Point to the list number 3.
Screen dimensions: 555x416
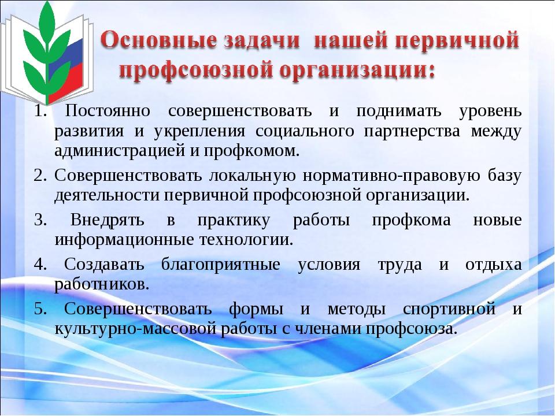40,220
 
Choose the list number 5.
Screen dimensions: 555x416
40,309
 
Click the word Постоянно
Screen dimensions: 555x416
108,111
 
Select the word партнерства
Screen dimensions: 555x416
412,132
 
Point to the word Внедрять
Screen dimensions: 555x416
108,220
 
